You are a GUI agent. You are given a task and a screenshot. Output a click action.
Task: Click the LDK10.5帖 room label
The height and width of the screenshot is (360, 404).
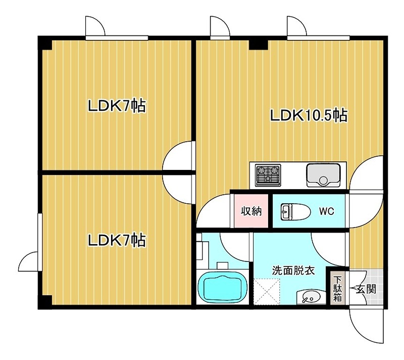coord(309,115)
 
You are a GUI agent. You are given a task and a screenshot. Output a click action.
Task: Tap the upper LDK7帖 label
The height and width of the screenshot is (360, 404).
coord(117,106)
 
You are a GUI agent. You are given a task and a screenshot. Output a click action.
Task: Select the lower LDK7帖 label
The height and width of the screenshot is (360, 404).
coord(117,240)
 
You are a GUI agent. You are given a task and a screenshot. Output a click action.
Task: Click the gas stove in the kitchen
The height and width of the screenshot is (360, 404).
coord(268,175)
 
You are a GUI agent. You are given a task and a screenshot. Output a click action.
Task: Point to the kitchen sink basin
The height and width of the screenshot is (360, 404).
coord(323,175)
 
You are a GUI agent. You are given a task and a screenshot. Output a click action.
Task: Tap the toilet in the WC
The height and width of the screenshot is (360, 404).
coord(295,212)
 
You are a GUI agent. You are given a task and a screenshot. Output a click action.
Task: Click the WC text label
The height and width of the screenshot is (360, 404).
coord(326,211)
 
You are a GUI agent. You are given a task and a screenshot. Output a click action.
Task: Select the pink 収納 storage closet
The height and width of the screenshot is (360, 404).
coord(251,211)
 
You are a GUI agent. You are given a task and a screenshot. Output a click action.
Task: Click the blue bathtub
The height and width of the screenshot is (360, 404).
coord(222,288)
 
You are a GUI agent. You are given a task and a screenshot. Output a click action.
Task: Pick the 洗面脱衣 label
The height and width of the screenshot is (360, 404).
coord(293,271)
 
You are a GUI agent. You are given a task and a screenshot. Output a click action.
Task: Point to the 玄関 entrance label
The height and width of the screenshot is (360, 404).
coord(366,289)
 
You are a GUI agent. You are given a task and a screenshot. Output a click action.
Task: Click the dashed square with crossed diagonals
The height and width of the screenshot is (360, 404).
coord(267,291)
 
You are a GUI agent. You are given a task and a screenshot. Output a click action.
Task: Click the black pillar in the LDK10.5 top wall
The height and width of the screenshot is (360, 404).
coord(259,43)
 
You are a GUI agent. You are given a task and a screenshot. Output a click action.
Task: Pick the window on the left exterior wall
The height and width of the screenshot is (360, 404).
coord(40,242)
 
